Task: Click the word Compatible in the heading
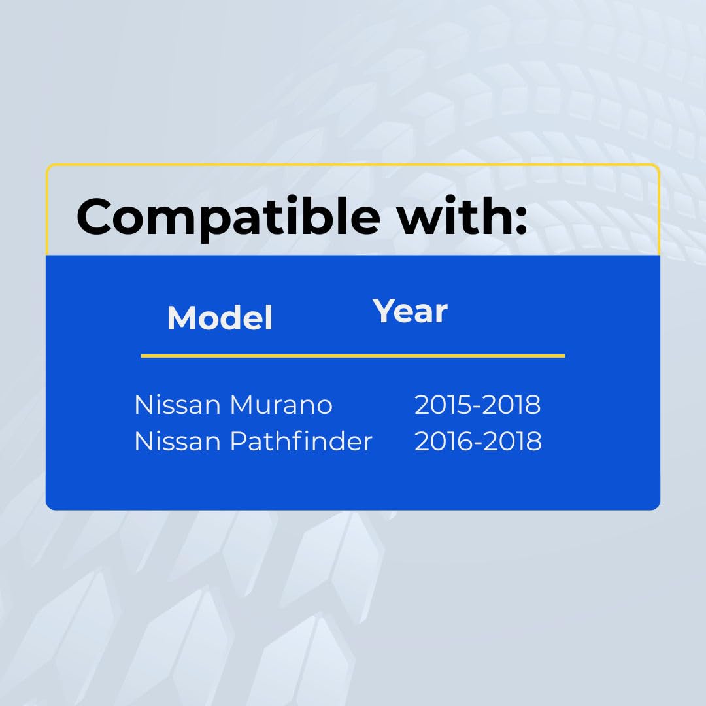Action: pyautogui.click(x=229, y=218)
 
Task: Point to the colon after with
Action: pyautogui.click(x=522, y=221)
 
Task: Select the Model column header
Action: pyautogui.click(x=220, y=318)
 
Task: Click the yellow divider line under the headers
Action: pyautogui.click(x=353, y=356)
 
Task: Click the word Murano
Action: pyautogui.click(x=281, y=405)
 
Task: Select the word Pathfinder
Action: pyautogui.click(x=301, y=441)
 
